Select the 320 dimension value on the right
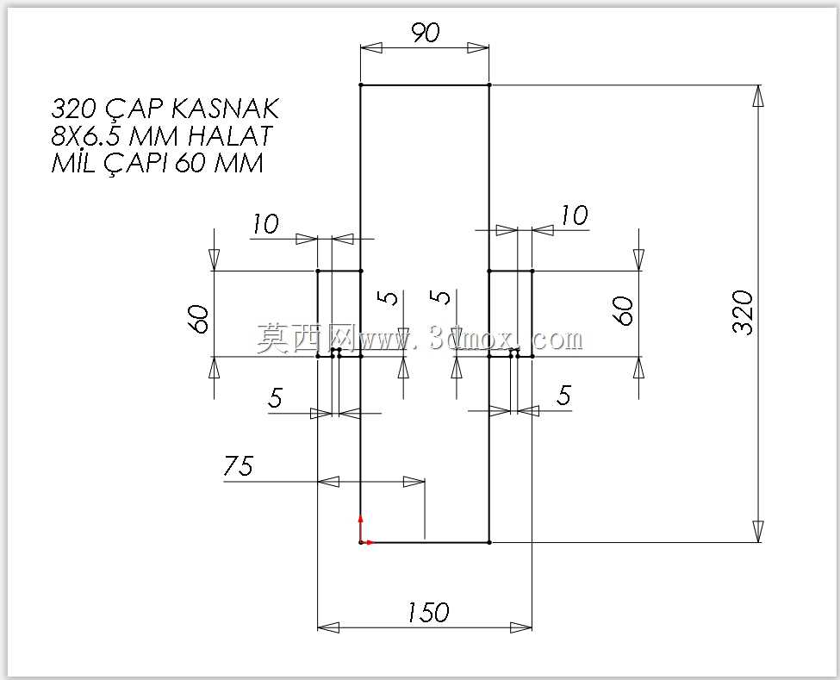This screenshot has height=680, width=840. tap(743, 313)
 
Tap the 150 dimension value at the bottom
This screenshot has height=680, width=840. tap(428, 612)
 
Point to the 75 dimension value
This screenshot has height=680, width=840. tap(239, 465)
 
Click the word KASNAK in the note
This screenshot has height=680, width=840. tap(226, 109)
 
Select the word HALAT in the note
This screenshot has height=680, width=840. tap(230, 136)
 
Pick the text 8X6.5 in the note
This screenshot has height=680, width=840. tap(87, 136)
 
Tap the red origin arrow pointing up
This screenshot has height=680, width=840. tap(360, 528)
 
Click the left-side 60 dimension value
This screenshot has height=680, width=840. tap(199, 320)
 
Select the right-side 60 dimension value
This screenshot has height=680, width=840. tap(623, 311)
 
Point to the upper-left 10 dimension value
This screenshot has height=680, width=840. tap(265, 223)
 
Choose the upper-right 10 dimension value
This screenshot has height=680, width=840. tap(575, 215)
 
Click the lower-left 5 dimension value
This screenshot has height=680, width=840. tap(276, 397)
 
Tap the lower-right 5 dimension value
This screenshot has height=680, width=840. tap(563, 396)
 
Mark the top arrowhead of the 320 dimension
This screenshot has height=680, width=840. tap(758, 96)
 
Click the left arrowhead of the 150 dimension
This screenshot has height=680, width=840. tap(328, 627)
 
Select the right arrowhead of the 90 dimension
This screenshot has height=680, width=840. tap(478, 47)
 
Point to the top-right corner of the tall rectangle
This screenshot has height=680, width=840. tap(489, 84)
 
